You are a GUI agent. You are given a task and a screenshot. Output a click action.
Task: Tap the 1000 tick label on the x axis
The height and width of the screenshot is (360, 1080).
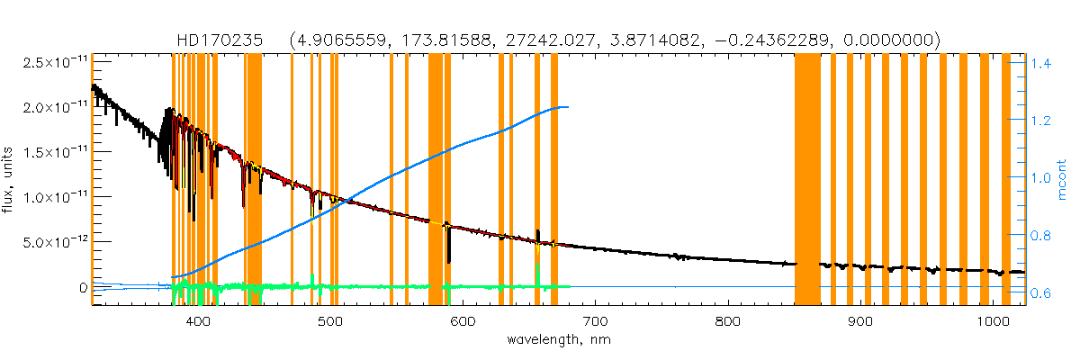992,322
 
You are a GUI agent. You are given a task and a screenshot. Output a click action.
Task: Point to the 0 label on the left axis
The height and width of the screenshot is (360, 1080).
83,287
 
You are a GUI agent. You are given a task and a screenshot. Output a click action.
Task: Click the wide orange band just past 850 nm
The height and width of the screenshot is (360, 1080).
807,180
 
